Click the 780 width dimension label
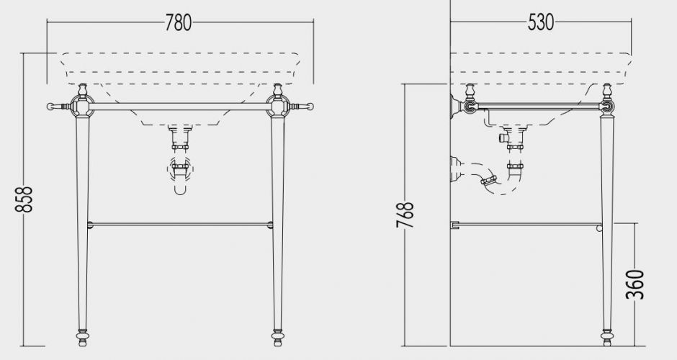click(x=179, y=22)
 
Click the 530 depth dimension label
click(x=541, y=22)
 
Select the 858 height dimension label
click(x=24, y=199)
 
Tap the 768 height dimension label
click(x=405, y=215)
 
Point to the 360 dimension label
click(x=635, y=284)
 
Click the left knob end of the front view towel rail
click(x=50, y=106)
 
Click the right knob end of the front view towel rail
click(x=310, y=106)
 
